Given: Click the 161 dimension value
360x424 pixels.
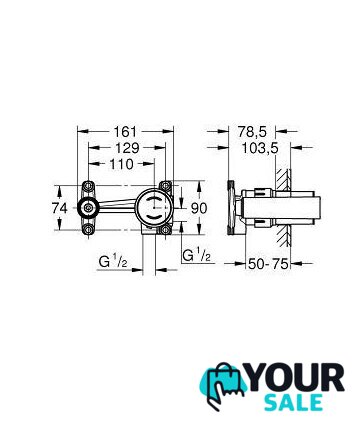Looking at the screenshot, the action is pos(125,131).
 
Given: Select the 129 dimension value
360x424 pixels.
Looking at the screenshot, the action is pos(127,148).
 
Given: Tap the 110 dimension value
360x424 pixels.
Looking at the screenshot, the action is pos(121,164).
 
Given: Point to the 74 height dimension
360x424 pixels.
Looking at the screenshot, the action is pos(60,208).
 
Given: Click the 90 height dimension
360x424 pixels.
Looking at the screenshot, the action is pos(199,208).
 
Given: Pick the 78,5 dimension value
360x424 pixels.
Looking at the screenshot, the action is pos(252,132).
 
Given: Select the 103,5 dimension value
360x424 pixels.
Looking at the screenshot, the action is pos(260,148).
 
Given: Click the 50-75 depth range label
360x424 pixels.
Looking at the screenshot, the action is pos(268,264).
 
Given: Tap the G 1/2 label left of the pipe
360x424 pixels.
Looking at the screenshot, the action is pos(113,262).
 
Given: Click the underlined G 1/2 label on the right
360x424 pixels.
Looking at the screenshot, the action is pos(197,256).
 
